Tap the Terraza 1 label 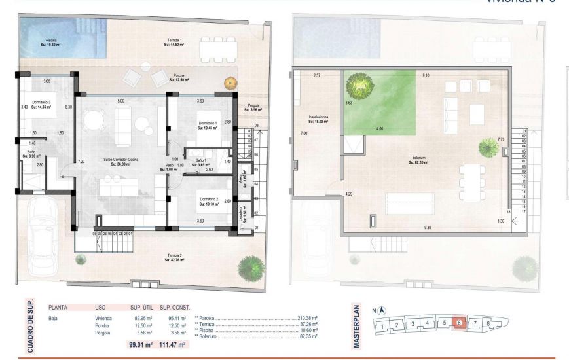(x=174, y=43)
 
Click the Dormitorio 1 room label (x=208, y=124)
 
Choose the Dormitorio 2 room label (x=209, y=201)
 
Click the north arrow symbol (x=382, y=311)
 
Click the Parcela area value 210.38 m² (x=306, y=317)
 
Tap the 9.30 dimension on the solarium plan (x=428, y=227)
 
